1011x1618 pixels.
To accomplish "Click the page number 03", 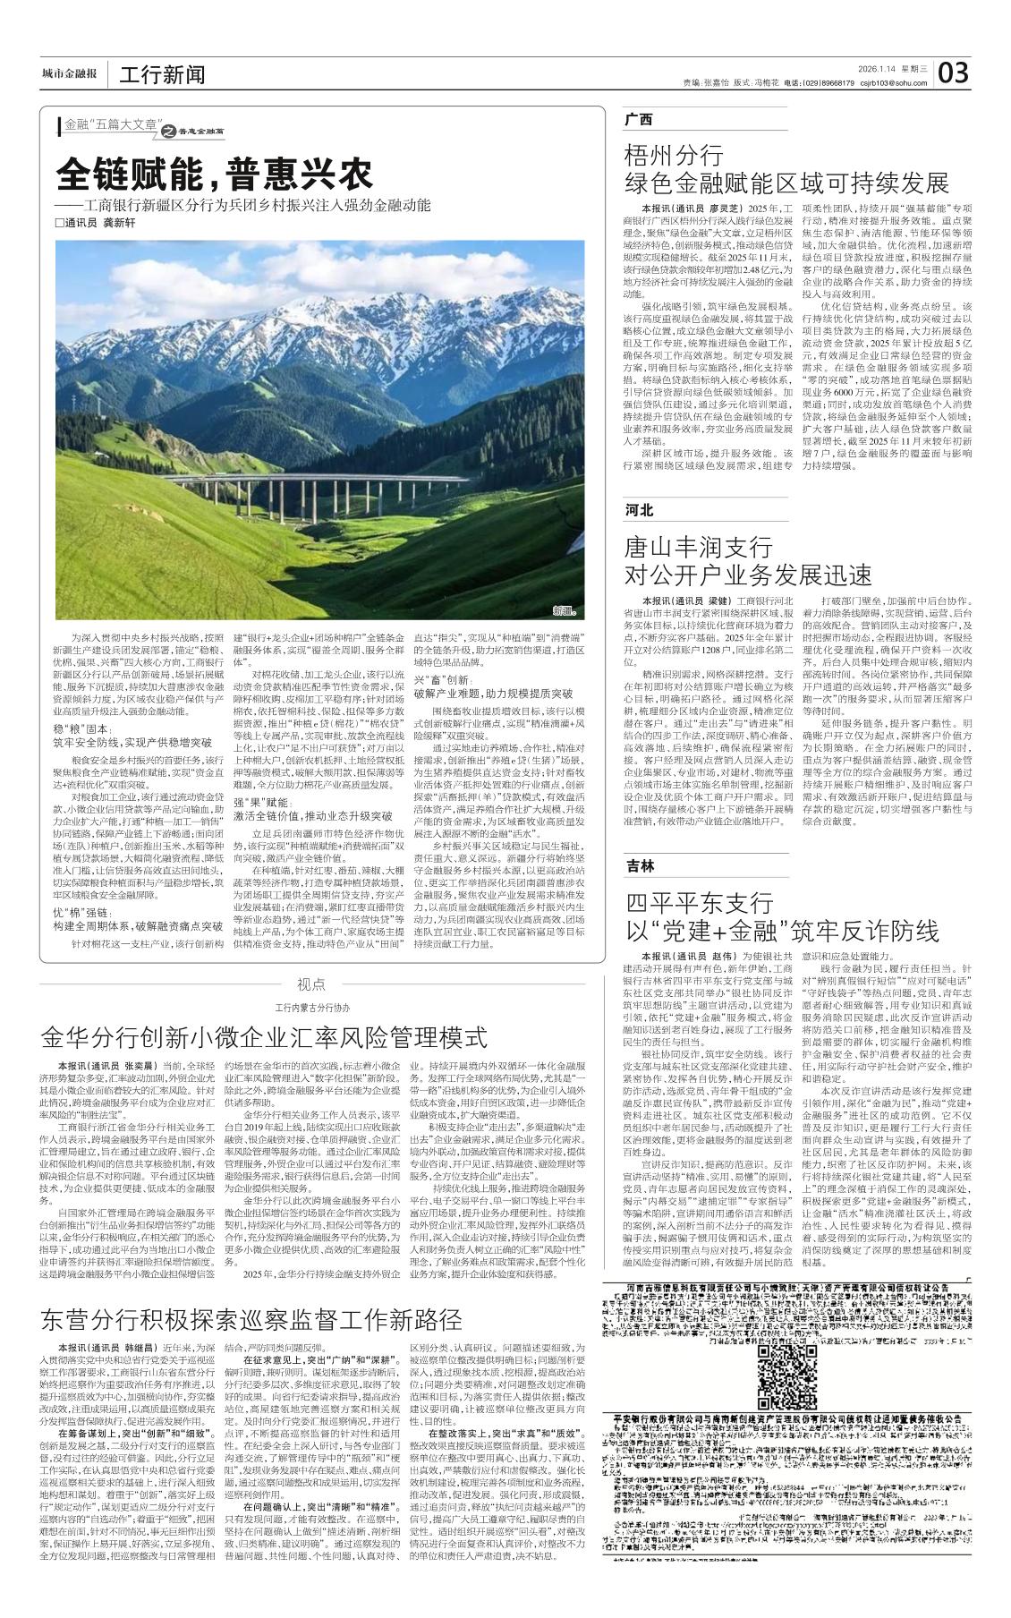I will [954, 72].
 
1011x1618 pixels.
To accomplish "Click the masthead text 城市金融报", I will [69, 73].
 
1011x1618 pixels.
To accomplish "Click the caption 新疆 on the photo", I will [563, 612].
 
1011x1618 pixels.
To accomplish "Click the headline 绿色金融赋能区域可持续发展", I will [786, 183].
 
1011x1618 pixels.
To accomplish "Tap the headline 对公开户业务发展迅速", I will [748, 574].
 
